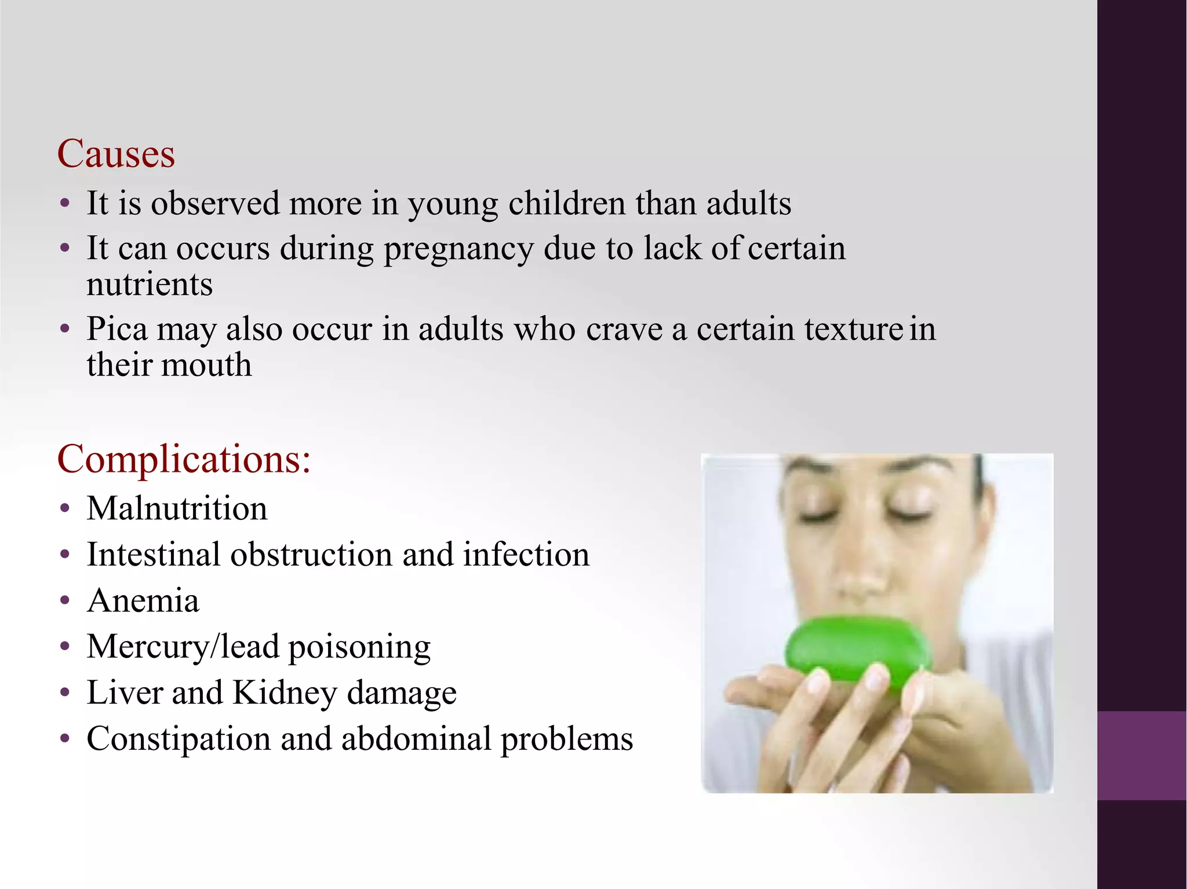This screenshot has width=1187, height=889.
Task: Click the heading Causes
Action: [x=116, y=154]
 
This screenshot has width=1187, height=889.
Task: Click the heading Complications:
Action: [x=184, y=459]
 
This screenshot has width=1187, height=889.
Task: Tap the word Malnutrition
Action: [x=177, y=509]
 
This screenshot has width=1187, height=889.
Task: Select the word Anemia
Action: [x=143, y=600]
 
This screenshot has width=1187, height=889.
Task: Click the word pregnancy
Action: [x=458, y=250]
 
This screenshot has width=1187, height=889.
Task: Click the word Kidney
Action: [x=285, y=693]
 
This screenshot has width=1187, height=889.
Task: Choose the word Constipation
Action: [x=179, y=739]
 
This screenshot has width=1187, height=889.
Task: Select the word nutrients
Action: [x=150, y=285]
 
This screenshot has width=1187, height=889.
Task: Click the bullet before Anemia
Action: [x=65, y=600]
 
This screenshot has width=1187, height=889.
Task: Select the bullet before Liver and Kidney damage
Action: [x=65, y=693]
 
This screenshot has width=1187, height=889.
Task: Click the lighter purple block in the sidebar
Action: [x=1141, y=755]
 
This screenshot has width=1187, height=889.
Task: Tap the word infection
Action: [x=526, y=555]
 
